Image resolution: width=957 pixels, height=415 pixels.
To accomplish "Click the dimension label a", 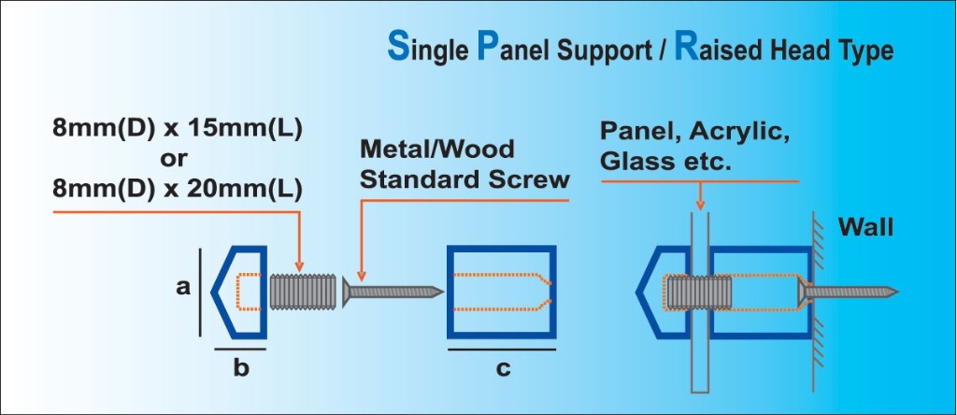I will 182,289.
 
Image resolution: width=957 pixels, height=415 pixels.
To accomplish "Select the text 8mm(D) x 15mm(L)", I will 177,128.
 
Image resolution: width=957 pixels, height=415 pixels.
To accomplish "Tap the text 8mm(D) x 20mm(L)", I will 177,189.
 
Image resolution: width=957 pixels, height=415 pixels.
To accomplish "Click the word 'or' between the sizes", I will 176,158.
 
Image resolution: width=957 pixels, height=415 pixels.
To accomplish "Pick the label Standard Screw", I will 464,179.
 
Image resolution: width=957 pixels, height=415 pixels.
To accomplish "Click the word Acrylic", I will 747,131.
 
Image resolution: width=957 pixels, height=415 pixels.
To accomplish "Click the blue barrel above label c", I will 502,291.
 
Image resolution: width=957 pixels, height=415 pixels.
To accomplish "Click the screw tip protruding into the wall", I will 869,292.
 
